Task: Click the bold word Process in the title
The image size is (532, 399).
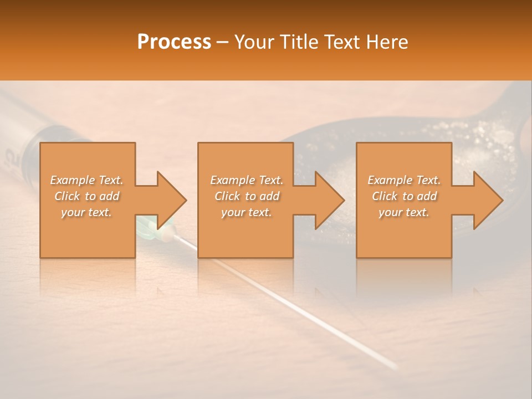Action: (174, 42)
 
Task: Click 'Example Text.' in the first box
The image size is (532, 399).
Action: (86, 180)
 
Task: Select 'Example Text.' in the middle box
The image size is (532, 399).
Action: (247, 180)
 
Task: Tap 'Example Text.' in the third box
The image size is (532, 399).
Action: (404, 180)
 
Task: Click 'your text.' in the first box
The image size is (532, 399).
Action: (86, 212)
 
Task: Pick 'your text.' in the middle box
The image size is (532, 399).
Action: (247, 212)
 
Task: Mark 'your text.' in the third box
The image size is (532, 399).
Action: (404, 212)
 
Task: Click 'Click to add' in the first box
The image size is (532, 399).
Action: (86, 196)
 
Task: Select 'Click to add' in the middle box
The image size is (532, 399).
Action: (247, 196)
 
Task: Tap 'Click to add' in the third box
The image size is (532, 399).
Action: (404, 196)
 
